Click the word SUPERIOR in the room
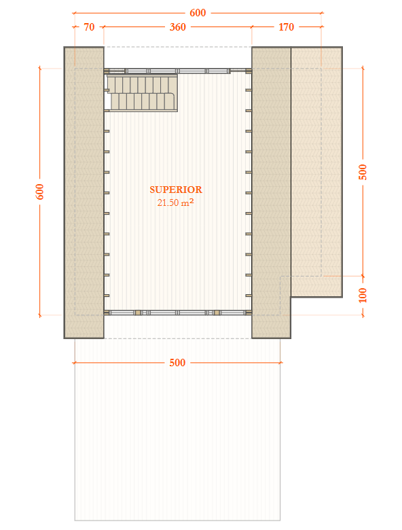[176, 190]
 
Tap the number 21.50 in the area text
[168, 202]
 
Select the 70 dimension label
[89, 27]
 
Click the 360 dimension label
[177, 27]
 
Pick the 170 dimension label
[286, 27]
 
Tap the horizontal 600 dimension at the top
[198, 12]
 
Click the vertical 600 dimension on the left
[39, 192]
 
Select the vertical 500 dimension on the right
[362, 172]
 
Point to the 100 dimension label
[362, 295]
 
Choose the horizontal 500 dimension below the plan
[177, 363]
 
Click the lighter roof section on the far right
[316, 170]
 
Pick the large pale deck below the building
[177, 442]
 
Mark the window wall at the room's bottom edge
[177, 313]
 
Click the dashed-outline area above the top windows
[177, 57]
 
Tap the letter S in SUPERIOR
[153, 190]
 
